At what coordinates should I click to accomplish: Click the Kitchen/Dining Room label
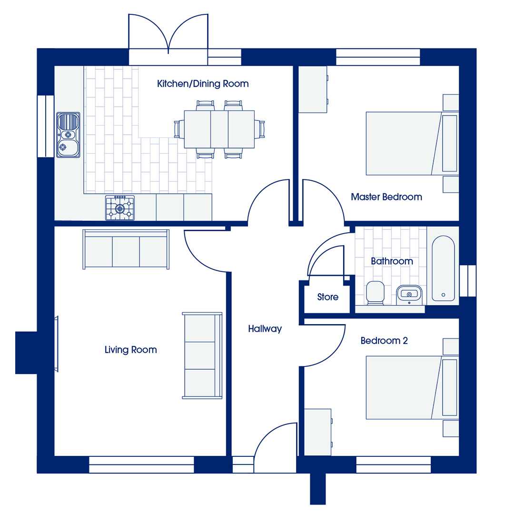[x=203, y=84]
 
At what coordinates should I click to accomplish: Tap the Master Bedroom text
[x=386, y=197]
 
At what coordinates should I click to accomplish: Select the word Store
[x=328, y=297]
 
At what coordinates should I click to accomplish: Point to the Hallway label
[x=265, y=329]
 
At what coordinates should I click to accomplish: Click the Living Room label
[x=130, y=350]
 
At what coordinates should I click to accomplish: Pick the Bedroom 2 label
[x=384, y=341]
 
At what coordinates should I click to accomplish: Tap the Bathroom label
[x=392, y=261]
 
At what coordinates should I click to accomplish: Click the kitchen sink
[x=68, y=135]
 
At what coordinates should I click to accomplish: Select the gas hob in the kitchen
[x=120, y=208]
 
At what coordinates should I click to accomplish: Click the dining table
[x=219, y=129]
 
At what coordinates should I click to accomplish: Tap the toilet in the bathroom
[x=375, y=293]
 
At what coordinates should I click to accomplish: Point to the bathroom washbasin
[x=409, y=295]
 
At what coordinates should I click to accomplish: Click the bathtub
[x=443, y=268]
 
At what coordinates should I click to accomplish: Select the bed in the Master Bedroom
[x=412, y=143]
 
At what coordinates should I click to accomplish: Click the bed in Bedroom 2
[x=412, y=387]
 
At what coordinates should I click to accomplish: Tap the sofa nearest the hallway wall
[x=202, y=356]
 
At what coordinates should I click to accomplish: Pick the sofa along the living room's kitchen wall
[x=126, y=249]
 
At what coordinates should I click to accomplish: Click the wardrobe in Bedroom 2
[x=318, y=432]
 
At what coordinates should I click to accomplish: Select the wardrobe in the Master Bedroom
[x=313, y=89]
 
